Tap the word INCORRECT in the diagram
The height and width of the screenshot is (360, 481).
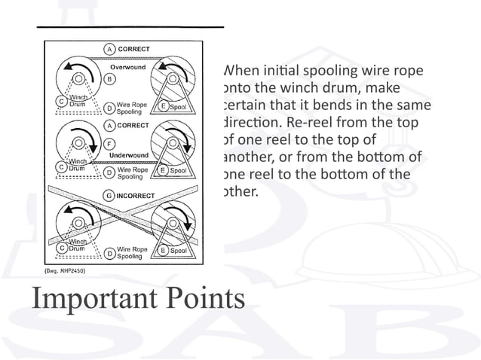tap(135, 197)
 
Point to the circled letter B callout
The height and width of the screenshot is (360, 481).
tap(110, 78)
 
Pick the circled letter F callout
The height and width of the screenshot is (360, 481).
tap(110, 142)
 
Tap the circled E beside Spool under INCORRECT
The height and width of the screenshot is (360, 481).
tap(163, 249)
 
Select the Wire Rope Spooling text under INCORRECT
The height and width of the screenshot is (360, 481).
tap(132, 252)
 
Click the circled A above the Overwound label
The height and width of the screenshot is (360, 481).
tap(110, 49)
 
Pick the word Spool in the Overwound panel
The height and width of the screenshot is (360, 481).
tap(178, 108)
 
